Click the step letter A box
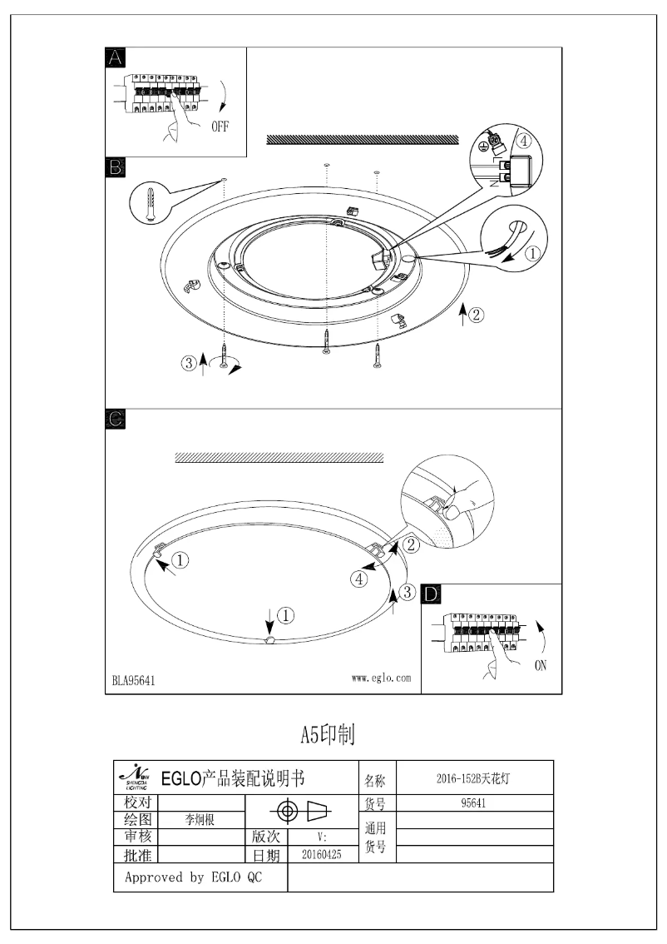click(116, 57)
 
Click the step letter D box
click(432, 594)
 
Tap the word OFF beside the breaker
click(219, 127)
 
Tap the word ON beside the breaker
click(541, 665)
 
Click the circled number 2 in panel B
click(475, 315)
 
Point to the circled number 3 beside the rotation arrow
click(190, 362)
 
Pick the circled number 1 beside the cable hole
click(534, 250)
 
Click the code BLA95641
click(134, 680)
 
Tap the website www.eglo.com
click(381, 678)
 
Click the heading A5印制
click(328, 733)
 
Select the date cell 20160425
click(322, 854)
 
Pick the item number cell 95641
click(473, 803)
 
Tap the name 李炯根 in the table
click(200, 819)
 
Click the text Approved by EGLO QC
click(193, 877)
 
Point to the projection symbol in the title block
click(303, 811)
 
